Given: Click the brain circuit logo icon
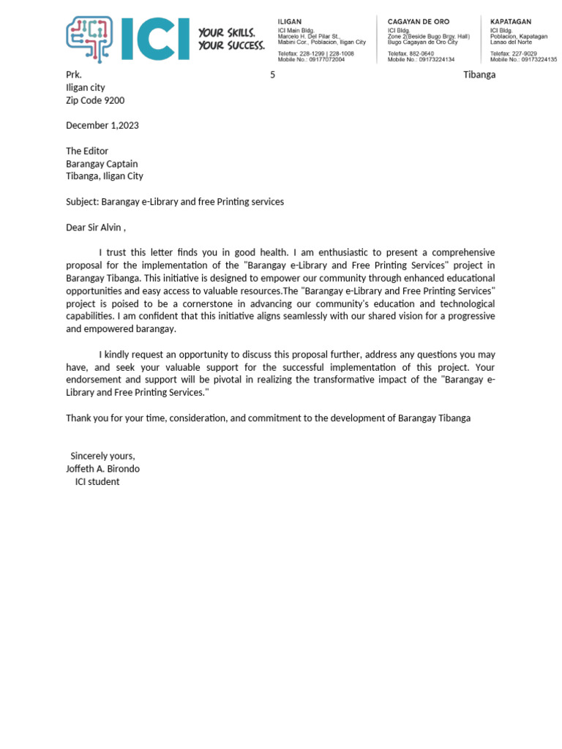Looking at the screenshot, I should (x=89, y=39).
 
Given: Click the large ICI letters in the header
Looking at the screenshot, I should (x=154, y=39).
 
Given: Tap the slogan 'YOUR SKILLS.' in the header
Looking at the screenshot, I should (x=227, y=33).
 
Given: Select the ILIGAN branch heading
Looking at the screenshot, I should (x=290, y=22).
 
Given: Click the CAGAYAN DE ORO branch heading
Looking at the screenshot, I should (x=419, y=22).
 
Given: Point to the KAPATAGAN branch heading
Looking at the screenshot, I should (x=511, y=22).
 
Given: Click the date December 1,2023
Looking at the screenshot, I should (x=102, y=125).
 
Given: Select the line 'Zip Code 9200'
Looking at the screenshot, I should (x=95, y=100).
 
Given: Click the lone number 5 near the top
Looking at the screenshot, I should (x=272, y=75).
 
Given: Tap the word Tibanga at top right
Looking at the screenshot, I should (x=479, y=75).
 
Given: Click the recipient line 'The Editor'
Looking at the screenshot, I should (x=87, y=151).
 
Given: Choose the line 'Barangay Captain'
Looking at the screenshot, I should (x=102, y=164).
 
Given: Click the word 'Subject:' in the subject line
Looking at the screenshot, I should (x=82, y=201).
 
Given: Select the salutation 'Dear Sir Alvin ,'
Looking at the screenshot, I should (x=96, y=227).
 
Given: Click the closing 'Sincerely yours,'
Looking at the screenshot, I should (x=102, y=456).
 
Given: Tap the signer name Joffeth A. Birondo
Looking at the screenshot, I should (x=102, y=468).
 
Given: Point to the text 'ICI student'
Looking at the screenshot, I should (x=97, y=481).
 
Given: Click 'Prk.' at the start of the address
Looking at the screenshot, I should (x=74, y=75).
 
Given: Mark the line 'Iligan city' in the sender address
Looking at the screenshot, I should (x=86, y=88).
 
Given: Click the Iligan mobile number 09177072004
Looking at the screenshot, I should (x=326, y=59).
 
